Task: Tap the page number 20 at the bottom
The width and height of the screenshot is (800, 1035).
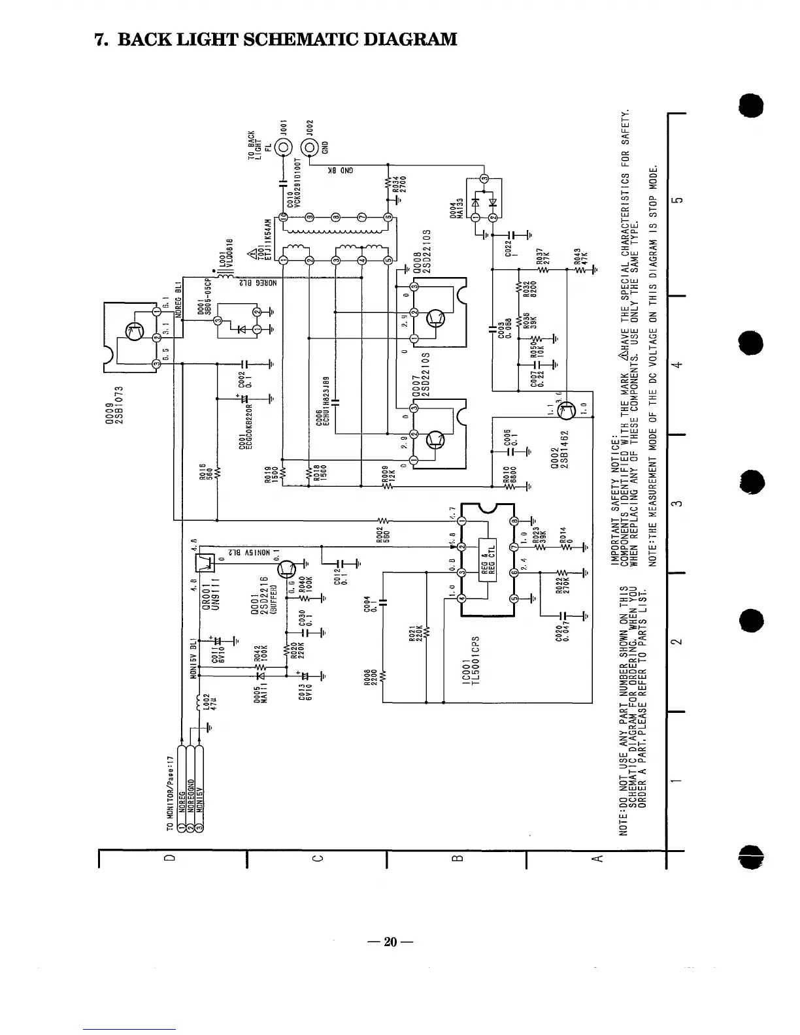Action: [x=390, y=942]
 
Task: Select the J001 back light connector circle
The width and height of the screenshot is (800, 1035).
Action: [x=284, y=147]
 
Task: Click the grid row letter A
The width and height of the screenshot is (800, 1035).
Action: [x=595, y=857]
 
